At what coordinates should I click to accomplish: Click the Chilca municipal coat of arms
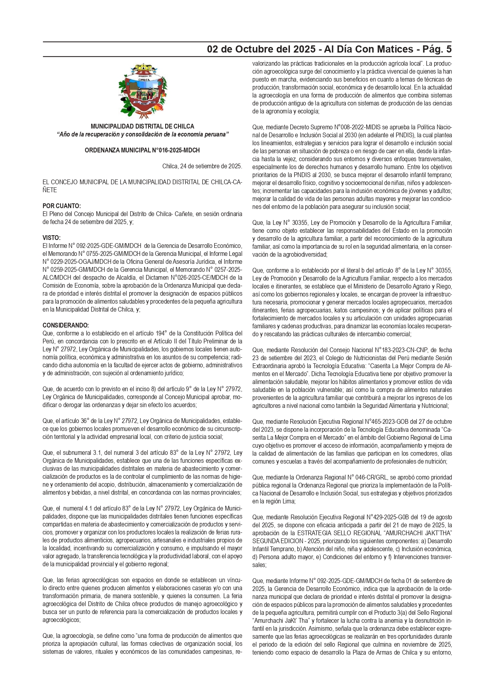142,91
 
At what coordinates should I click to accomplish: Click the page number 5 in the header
449,49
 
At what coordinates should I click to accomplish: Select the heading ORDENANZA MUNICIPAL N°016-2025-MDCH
142,150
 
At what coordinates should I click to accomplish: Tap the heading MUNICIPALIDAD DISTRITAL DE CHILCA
142,127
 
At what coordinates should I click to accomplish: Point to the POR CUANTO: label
62,206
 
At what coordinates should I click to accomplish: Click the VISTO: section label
51,238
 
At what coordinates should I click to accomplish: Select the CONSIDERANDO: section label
66,326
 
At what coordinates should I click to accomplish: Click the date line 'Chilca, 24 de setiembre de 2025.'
202,166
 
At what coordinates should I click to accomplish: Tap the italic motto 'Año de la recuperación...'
142,135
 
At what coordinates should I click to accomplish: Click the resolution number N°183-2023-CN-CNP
402,350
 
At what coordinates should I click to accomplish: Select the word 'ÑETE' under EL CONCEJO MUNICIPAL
50,190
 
